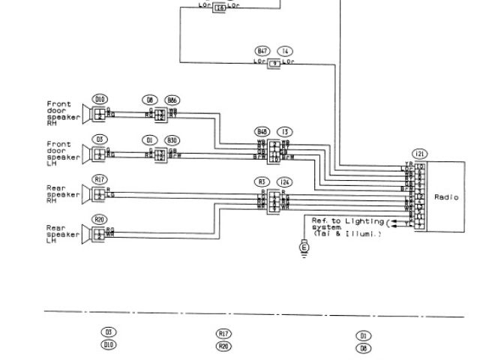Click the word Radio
[446, 196]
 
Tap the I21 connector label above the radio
[420, 154]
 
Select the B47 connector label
[262, 51]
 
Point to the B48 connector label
[262, 130]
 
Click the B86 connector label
[173, 100]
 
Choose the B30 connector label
[173, 139]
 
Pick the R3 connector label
[262, 181]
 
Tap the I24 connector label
[285, 181]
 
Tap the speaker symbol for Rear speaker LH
[98, 233]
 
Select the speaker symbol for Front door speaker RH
[98, 114]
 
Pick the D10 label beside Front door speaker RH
[100, 99]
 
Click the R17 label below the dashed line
[223, 333]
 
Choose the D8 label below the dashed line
[364, 348]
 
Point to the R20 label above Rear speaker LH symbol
[100, 219]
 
